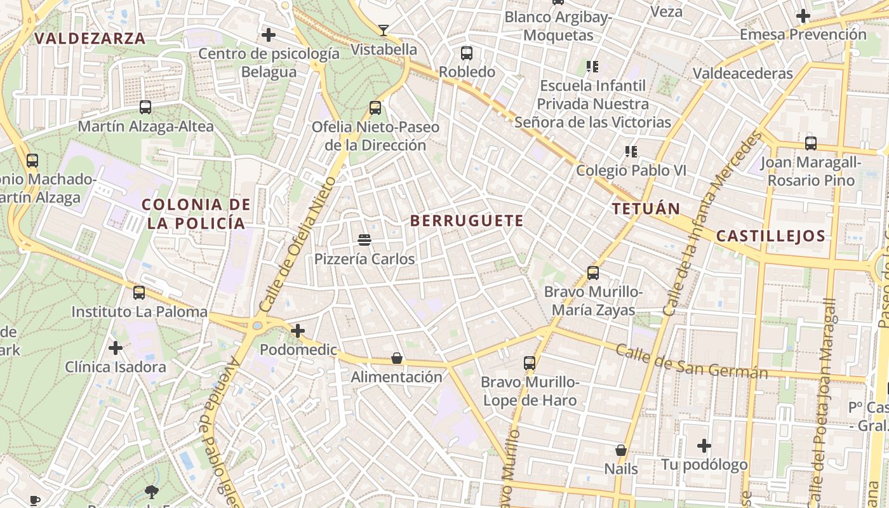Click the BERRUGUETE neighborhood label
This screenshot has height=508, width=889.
coord(467,221)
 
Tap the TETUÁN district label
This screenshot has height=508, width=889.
coord(646,208)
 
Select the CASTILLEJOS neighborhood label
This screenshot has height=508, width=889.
coord(770,236)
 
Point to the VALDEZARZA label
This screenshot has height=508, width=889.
coord(90,38)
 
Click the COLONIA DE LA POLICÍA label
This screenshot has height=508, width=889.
coord(196,213)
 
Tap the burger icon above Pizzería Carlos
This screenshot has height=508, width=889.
coord(364,240)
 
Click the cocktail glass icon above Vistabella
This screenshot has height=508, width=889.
coord(384,30)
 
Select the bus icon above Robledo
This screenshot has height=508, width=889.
coord(467,53)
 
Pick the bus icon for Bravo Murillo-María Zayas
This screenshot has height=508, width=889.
coord(593,273)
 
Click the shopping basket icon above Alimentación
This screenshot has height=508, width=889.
coord(397,358)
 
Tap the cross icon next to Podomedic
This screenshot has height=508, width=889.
coord(297,330)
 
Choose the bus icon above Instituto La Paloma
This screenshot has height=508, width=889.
coord(139,293)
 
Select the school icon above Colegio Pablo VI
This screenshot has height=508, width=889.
coord(631,151)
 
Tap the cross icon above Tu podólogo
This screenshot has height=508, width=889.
coord(704,446)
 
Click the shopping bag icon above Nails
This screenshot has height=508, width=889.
coord(621,450)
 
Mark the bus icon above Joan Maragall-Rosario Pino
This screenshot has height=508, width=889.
coord(811,144)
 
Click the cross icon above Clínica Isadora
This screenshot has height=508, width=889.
coord(116,348)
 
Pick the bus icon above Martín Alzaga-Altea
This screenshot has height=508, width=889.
coord(145,107)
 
